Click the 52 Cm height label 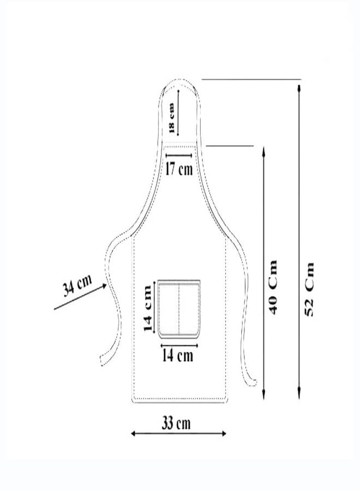tap(309, 289)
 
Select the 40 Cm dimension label tap(273, 287)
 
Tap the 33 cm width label tap(176, 423)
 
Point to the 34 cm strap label tap(77, 285)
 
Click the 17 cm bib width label tap(179, 169)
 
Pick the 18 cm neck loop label tap(171, 118)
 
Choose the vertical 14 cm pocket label tap(147, 308)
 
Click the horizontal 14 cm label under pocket tap(177, 355)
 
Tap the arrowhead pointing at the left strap tap(104, 286)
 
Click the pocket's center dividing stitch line tap(179, 308)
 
